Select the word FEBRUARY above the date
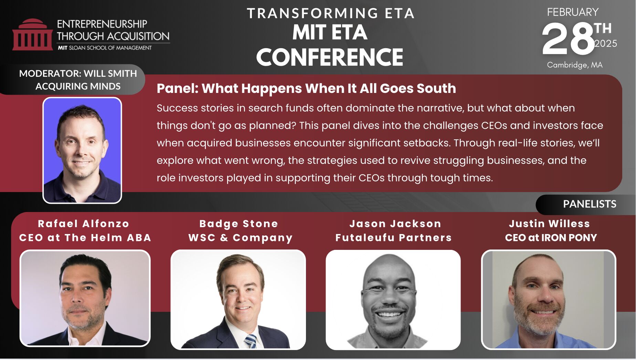[x=573, y=12]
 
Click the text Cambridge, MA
[x=575, y=65]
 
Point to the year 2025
[x=606, y=44]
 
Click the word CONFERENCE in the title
[x=330, y=57]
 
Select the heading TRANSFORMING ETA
[x=331, y=13]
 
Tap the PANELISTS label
[x=590, y=204]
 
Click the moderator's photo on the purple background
[x=82, y=150]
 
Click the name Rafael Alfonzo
[x=84, y=224]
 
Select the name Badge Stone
[x=238, y=224]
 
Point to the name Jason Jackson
[x=395, y=224]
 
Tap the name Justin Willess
[x=549, y=224]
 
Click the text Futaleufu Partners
[x=393, y=237]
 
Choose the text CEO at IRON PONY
[x=551, y=237]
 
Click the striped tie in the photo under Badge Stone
[x=251, y=341]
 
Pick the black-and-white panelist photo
[x=393, y=300]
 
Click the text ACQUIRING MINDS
[x=78, y=86]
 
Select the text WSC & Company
[x=240, y=238]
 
